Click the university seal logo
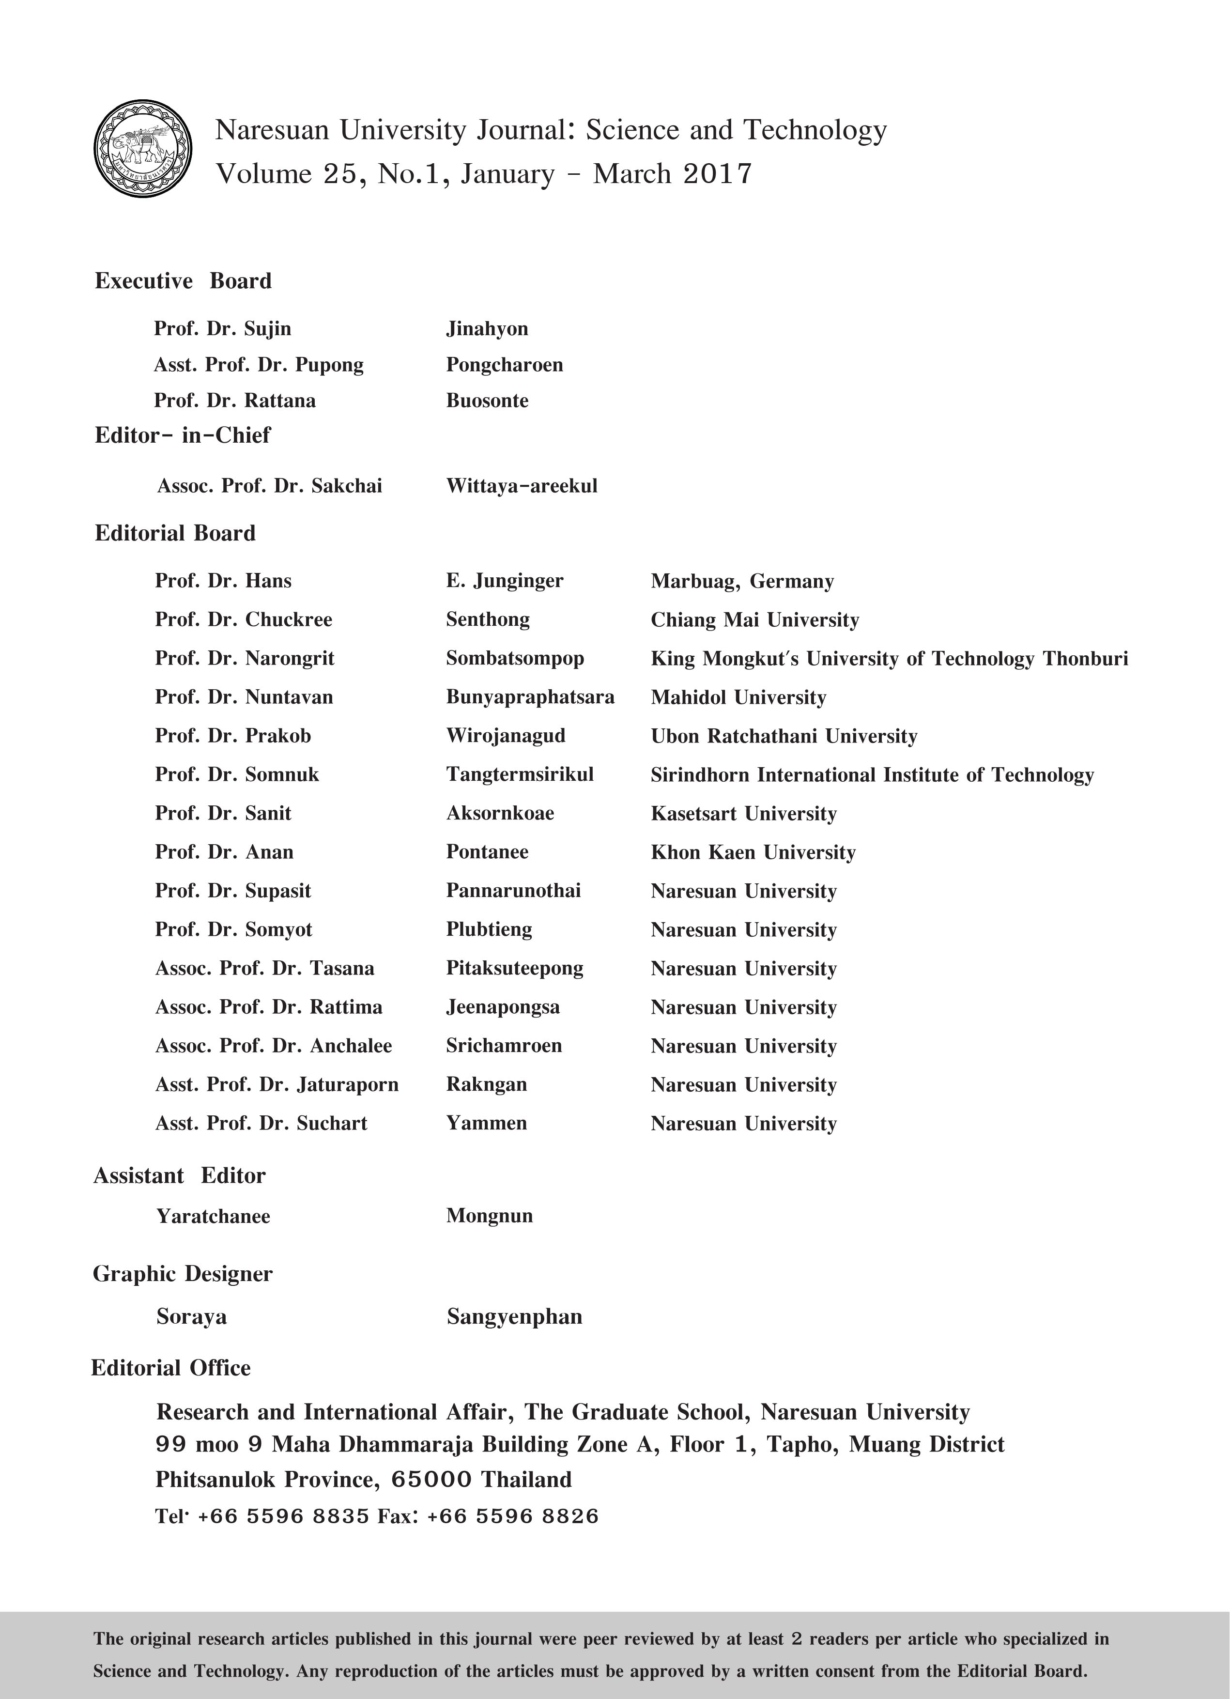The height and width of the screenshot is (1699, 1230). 142,149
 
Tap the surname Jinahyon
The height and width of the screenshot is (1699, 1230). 487,329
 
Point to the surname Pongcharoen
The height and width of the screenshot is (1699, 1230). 504,365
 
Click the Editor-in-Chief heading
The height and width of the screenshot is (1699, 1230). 182,435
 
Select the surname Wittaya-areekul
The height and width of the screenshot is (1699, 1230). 522,486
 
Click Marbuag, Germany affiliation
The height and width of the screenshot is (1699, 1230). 741,581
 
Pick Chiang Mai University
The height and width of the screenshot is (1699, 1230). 754,620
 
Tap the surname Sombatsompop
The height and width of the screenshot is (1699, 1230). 515,659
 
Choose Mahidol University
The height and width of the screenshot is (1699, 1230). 738,697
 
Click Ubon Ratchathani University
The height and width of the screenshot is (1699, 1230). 784,736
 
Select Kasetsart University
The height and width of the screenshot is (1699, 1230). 743,814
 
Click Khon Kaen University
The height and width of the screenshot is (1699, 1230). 753,852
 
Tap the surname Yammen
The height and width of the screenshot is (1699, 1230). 486,1123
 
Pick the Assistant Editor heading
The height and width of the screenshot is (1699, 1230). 179,1176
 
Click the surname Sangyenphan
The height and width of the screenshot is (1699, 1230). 514,1316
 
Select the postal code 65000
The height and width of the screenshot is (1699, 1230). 431,1480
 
